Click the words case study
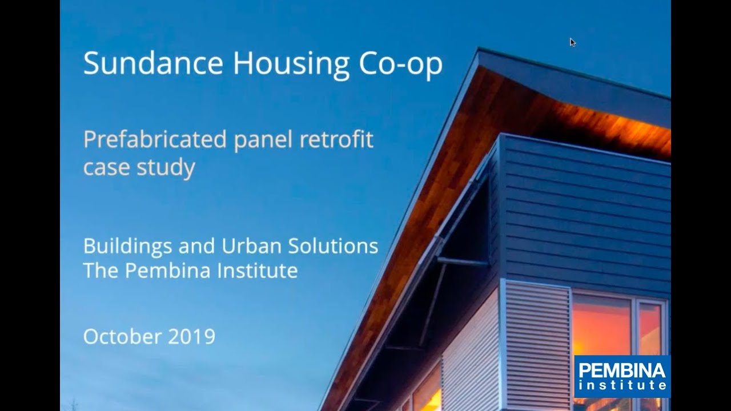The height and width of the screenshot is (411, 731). tap(139, 167)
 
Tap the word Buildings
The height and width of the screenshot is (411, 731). tap(128, 247)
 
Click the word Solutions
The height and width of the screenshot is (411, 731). tap(333, 246)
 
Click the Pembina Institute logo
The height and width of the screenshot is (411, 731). tap(622, 376)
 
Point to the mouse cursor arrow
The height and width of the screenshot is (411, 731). tap(572, 42)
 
